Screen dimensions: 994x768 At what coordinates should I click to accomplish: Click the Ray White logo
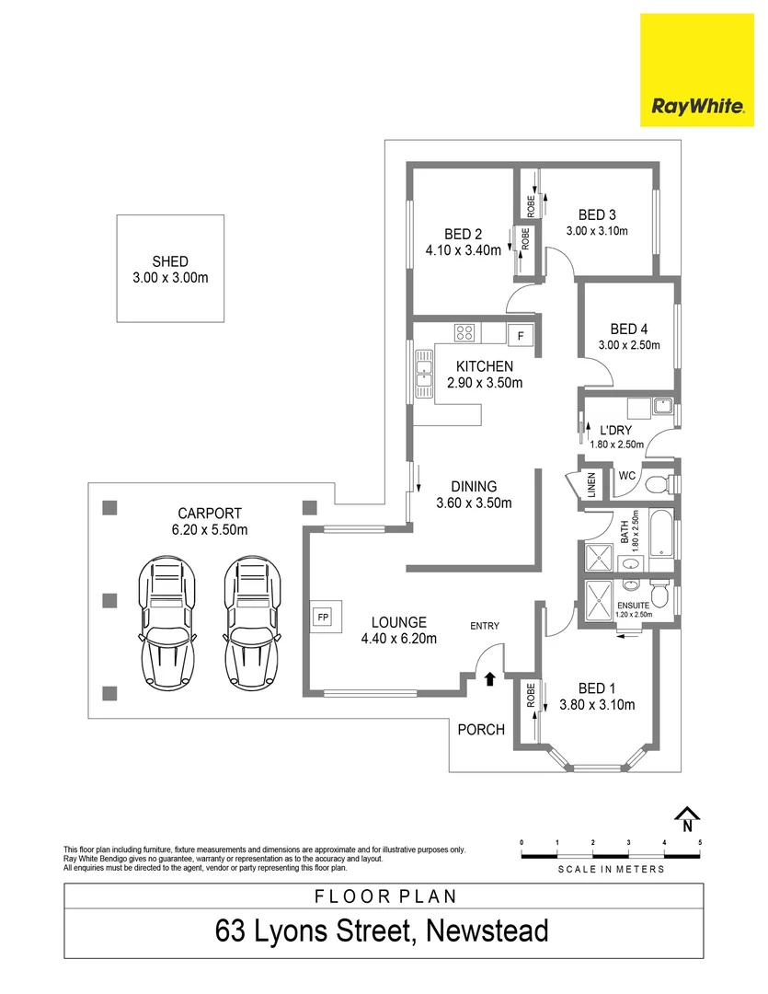[x=697, y=70]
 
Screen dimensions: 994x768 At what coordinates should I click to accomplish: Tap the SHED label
[x=170, y=260]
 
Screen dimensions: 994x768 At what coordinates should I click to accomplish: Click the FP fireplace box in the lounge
[x=323, y=617]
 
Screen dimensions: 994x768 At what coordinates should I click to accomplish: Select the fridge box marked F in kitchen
[x=521, y=336]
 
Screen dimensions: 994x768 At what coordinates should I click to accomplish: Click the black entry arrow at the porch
[x=489, y=679]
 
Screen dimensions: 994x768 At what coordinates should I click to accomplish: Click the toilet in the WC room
[x=659, y=484]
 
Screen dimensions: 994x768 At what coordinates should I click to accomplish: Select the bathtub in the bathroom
[x=662, y=537]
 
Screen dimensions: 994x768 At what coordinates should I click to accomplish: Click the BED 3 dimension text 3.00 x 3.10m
[x=597, y=231]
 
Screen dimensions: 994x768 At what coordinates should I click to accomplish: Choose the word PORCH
[x=481, y=730]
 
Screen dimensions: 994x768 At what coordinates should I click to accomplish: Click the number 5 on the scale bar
[x=700, y=842]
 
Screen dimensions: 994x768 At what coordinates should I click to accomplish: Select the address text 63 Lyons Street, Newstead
[x=382, y=930]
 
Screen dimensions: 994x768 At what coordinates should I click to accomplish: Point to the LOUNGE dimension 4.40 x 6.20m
[x=398, y=639]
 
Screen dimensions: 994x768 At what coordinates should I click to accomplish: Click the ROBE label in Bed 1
[x=531, y=696]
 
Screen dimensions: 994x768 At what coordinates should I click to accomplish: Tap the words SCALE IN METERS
[x=611, y=868]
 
